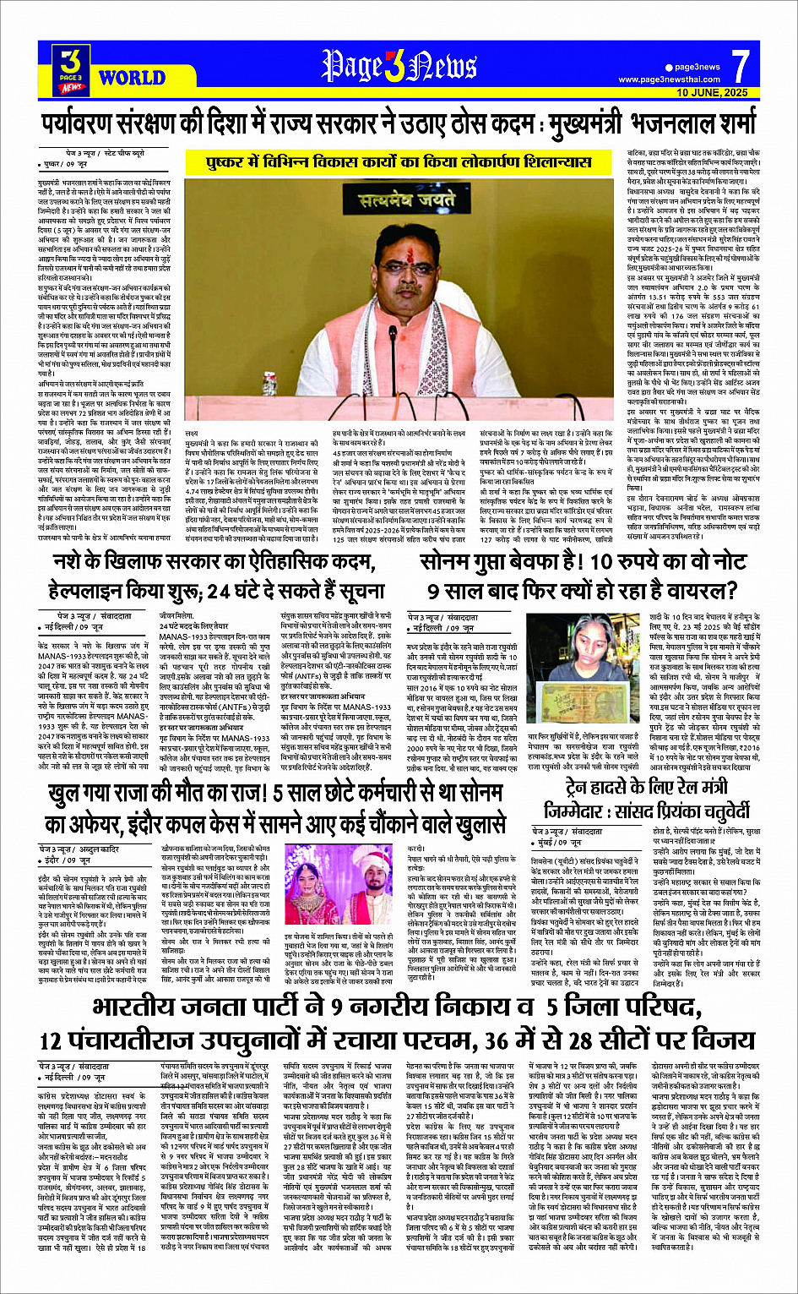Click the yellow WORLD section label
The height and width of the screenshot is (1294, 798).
pos(132,78)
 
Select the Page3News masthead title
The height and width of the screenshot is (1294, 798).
pos(399,66)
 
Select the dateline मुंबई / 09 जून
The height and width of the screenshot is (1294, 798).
pos(562,843)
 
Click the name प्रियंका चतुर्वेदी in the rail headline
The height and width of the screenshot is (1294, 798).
pos(678,811)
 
